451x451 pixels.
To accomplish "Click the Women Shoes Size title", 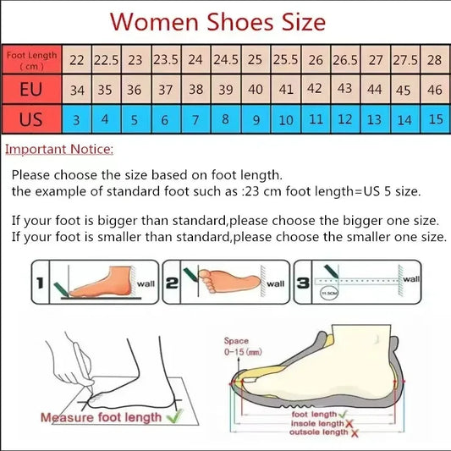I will tap(218, 20).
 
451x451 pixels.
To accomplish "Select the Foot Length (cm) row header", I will tap(32, 60).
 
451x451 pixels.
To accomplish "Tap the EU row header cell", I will tap(32, 88).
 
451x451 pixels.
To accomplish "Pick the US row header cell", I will tap(32, 119).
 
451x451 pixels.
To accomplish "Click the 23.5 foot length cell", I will tap(165, 60).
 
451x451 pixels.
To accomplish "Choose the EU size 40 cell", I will tap(255, 89).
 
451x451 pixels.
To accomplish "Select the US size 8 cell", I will tap(225, 119).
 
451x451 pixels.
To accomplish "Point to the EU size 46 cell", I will tap(435, 89).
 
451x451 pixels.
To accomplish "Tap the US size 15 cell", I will tap(435, 119).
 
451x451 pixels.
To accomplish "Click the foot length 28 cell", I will tap(435, 60).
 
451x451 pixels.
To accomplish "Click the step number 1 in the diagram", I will tap(38, 285).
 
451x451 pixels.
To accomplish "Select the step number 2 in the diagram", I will tap(171, 285).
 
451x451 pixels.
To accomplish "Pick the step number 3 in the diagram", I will tap(302, 285).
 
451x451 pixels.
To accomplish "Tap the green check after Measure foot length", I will tap(175, 416).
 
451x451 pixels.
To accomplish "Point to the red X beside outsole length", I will tap(355, 432).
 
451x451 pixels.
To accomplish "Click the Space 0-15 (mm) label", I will tap(243, 345).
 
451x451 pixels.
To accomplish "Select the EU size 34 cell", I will tap(77, 89).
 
